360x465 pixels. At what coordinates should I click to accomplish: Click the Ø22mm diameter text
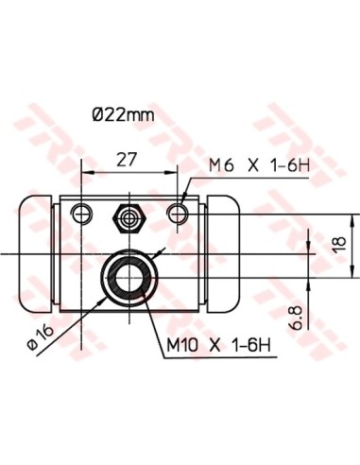[122, 115]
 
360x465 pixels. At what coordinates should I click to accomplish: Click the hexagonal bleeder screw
[128, 216]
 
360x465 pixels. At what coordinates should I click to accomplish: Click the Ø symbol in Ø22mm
[98, 115]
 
